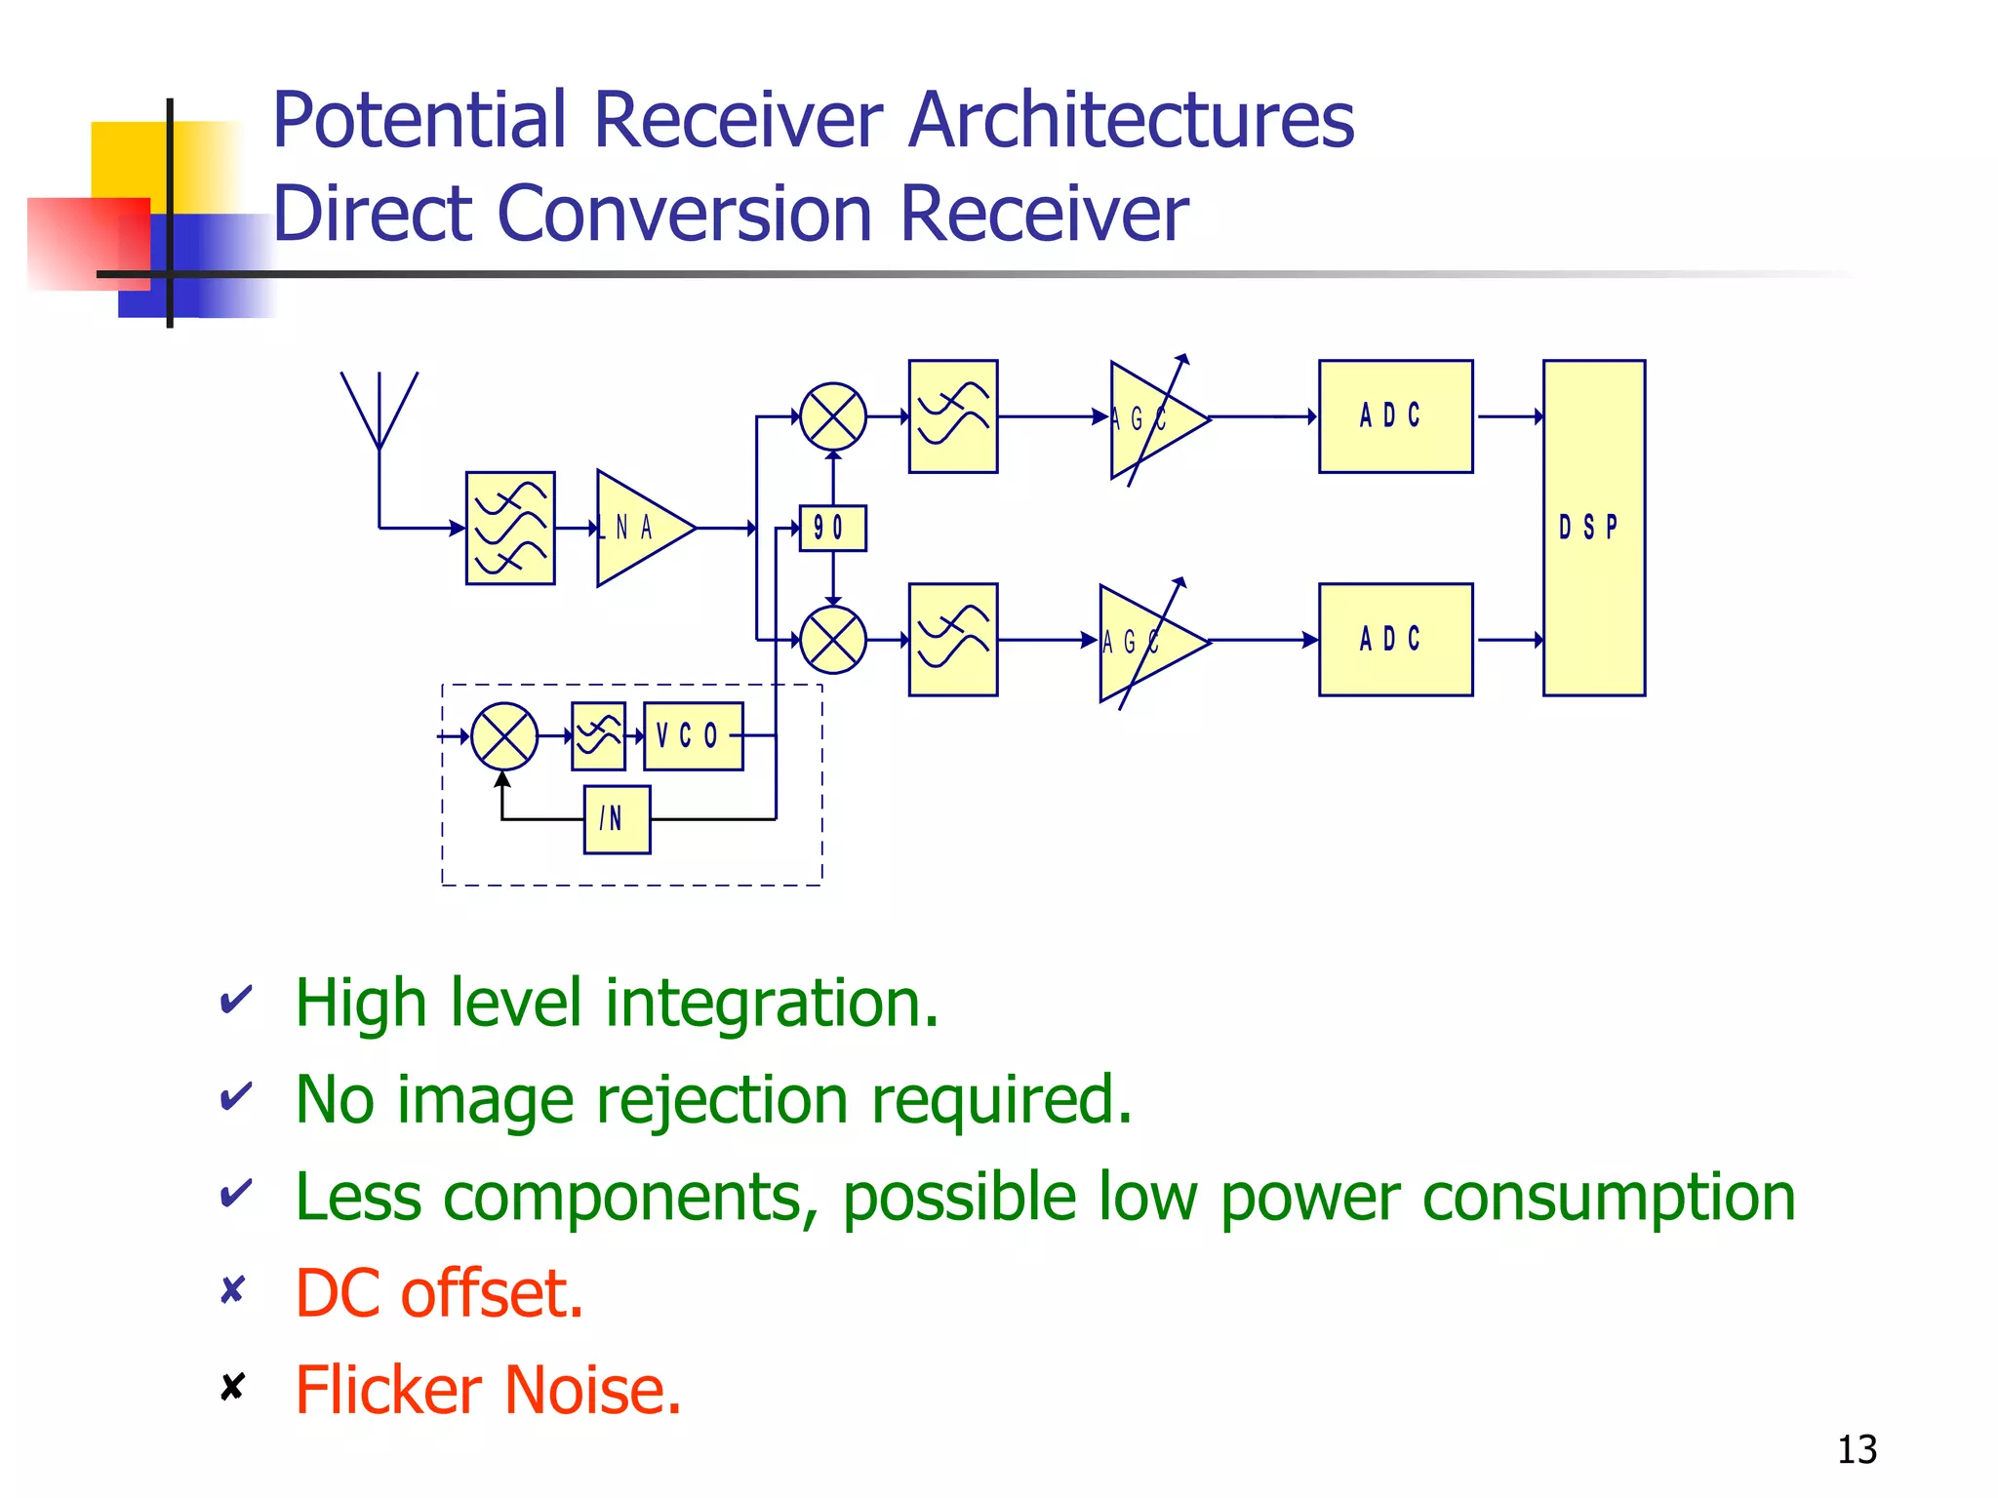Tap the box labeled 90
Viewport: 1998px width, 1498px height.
pos(832,529)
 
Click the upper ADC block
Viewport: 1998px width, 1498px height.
pos(1395,416)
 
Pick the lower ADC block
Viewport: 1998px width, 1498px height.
pos(1395,640)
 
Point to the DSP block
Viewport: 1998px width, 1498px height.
pos(1593,528)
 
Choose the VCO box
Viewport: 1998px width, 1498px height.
pos(693,736)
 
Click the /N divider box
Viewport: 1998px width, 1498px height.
pos(617,819)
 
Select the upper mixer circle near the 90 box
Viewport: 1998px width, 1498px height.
pos(832,416)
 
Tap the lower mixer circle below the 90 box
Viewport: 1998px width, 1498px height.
pos(832,640)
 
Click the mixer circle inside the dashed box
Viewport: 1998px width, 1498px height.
pos(503,736)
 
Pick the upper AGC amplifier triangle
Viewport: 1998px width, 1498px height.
pos(1151,419)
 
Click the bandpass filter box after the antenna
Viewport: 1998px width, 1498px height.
pos(510,529)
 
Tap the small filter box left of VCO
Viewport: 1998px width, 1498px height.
pos(598,736)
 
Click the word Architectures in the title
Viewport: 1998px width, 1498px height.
pos(1132,121)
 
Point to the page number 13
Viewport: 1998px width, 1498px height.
pos(1857,1450)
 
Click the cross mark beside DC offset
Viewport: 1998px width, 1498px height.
pos(232,1290)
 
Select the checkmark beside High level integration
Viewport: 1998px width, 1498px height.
pos(235,1000)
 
